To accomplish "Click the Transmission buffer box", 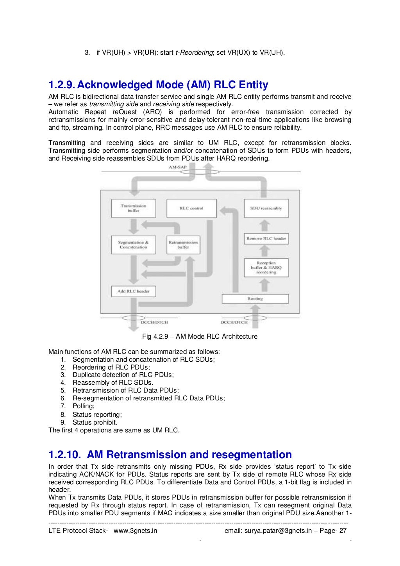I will pyautogui.click(x=133, y=208).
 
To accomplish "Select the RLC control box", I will pyautogui.click(x=191, y=208).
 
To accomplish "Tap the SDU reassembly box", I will pyautogui.click(x=266, y=208).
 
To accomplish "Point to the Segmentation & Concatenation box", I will pyautogui.click(x=133, y=245).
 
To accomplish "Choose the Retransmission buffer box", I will pyautogui.click(x=183, y=245).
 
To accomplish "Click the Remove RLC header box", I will pyautogui.click(x=266, y=238).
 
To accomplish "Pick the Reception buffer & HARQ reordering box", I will pyautogui.click(x=266, y=268).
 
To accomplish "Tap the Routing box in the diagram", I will pyautogui.click(x=255, y=299).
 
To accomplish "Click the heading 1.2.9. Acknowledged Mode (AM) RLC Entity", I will pyautogui.click(x=158, y=85).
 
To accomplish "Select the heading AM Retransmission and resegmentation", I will pyautogui.click(x=189, y=455).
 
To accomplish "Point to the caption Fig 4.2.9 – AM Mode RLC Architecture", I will pyautogui.click(x=200, y=336).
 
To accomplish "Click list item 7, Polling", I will pyautogui.click(x=83, y=406).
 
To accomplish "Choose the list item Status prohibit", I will pyautogui.click(x=95, y=422).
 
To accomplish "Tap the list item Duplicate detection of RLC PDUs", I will pyautogui.click(x=123, y=375).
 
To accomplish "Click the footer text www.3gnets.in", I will pyautogui.click(x=135, y=530).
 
